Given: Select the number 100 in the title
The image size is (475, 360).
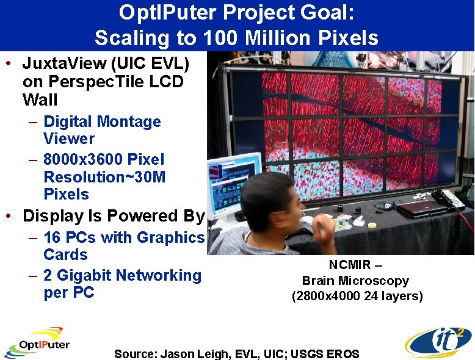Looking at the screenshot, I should [x=220, y=38].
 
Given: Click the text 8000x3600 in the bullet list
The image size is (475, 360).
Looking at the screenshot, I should [x=83, y=160].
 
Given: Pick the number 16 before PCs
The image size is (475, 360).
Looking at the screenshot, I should [x=54, y=237].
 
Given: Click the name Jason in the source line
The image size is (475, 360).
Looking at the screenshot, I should [x=176, y=354].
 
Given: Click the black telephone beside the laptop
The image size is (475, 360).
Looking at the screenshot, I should [x=448, y=199].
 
